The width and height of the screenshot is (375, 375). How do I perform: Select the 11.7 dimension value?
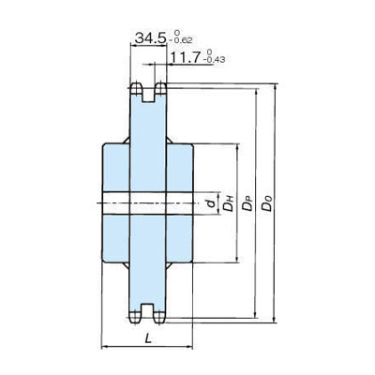(x=186, y=58)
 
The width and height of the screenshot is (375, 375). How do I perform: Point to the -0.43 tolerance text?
(x=215, y=60)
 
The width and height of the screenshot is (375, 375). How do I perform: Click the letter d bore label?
(x=212, y=203)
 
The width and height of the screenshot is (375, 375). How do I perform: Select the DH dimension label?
(x=229, y=202)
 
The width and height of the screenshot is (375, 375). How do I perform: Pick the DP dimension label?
(x=248, y=202)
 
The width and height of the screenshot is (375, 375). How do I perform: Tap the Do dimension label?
(x=267, y=202)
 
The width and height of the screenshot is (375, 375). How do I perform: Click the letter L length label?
(x=148, y=338)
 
